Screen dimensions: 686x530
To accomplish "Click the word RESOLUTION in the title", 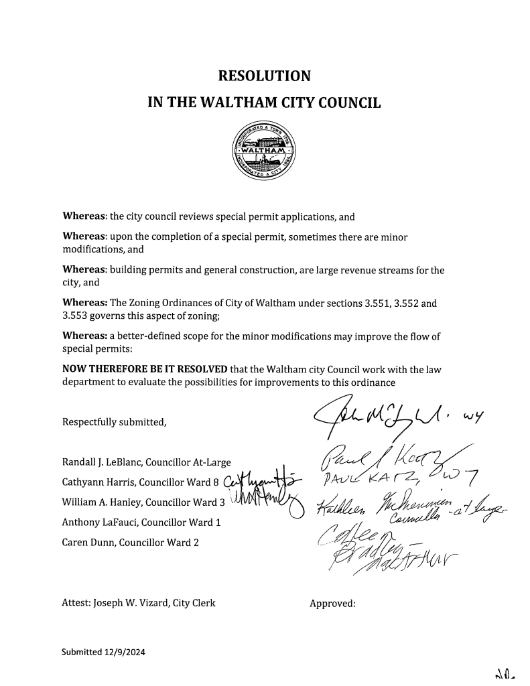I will [x=265, y=76].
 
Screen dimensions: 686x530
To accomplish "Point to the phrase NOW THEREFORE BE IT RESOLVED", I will [x=145, y=368].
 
